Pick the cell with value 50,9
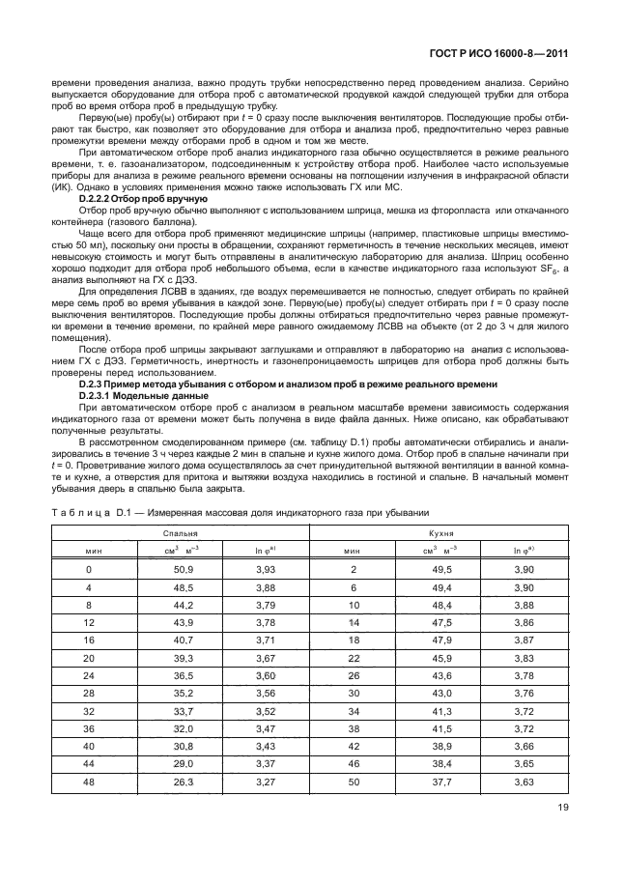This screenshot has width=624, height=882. [x=184, y=571]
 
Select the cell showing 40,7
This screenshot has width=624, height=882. [x=184, y=640]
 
